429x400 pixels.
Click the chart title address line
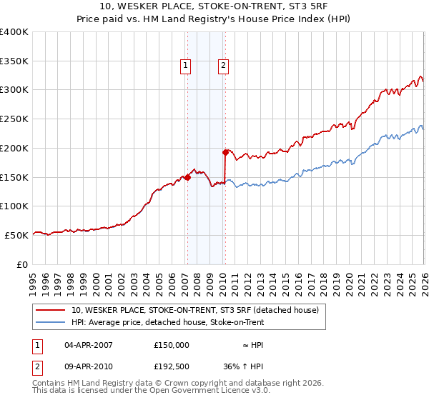coord(214,7)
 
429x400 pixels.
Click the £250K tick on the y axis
coord(14,119)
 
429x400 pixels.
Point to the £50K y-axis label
coord(16,235)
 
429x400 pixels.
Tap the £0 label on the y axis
coord(23,264)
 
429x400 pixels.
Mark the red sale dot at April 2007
coord(187,178)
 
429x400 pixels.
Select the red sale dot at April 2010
coord(225,152)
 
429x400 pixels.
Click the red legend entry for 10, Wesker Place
coord(199,310)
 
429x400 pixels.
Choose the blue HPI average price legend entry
coord(197,323)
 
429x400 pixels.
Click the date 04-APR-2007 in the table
coord(89,344)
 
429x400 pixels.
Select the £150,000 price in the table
coord(172,344)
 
